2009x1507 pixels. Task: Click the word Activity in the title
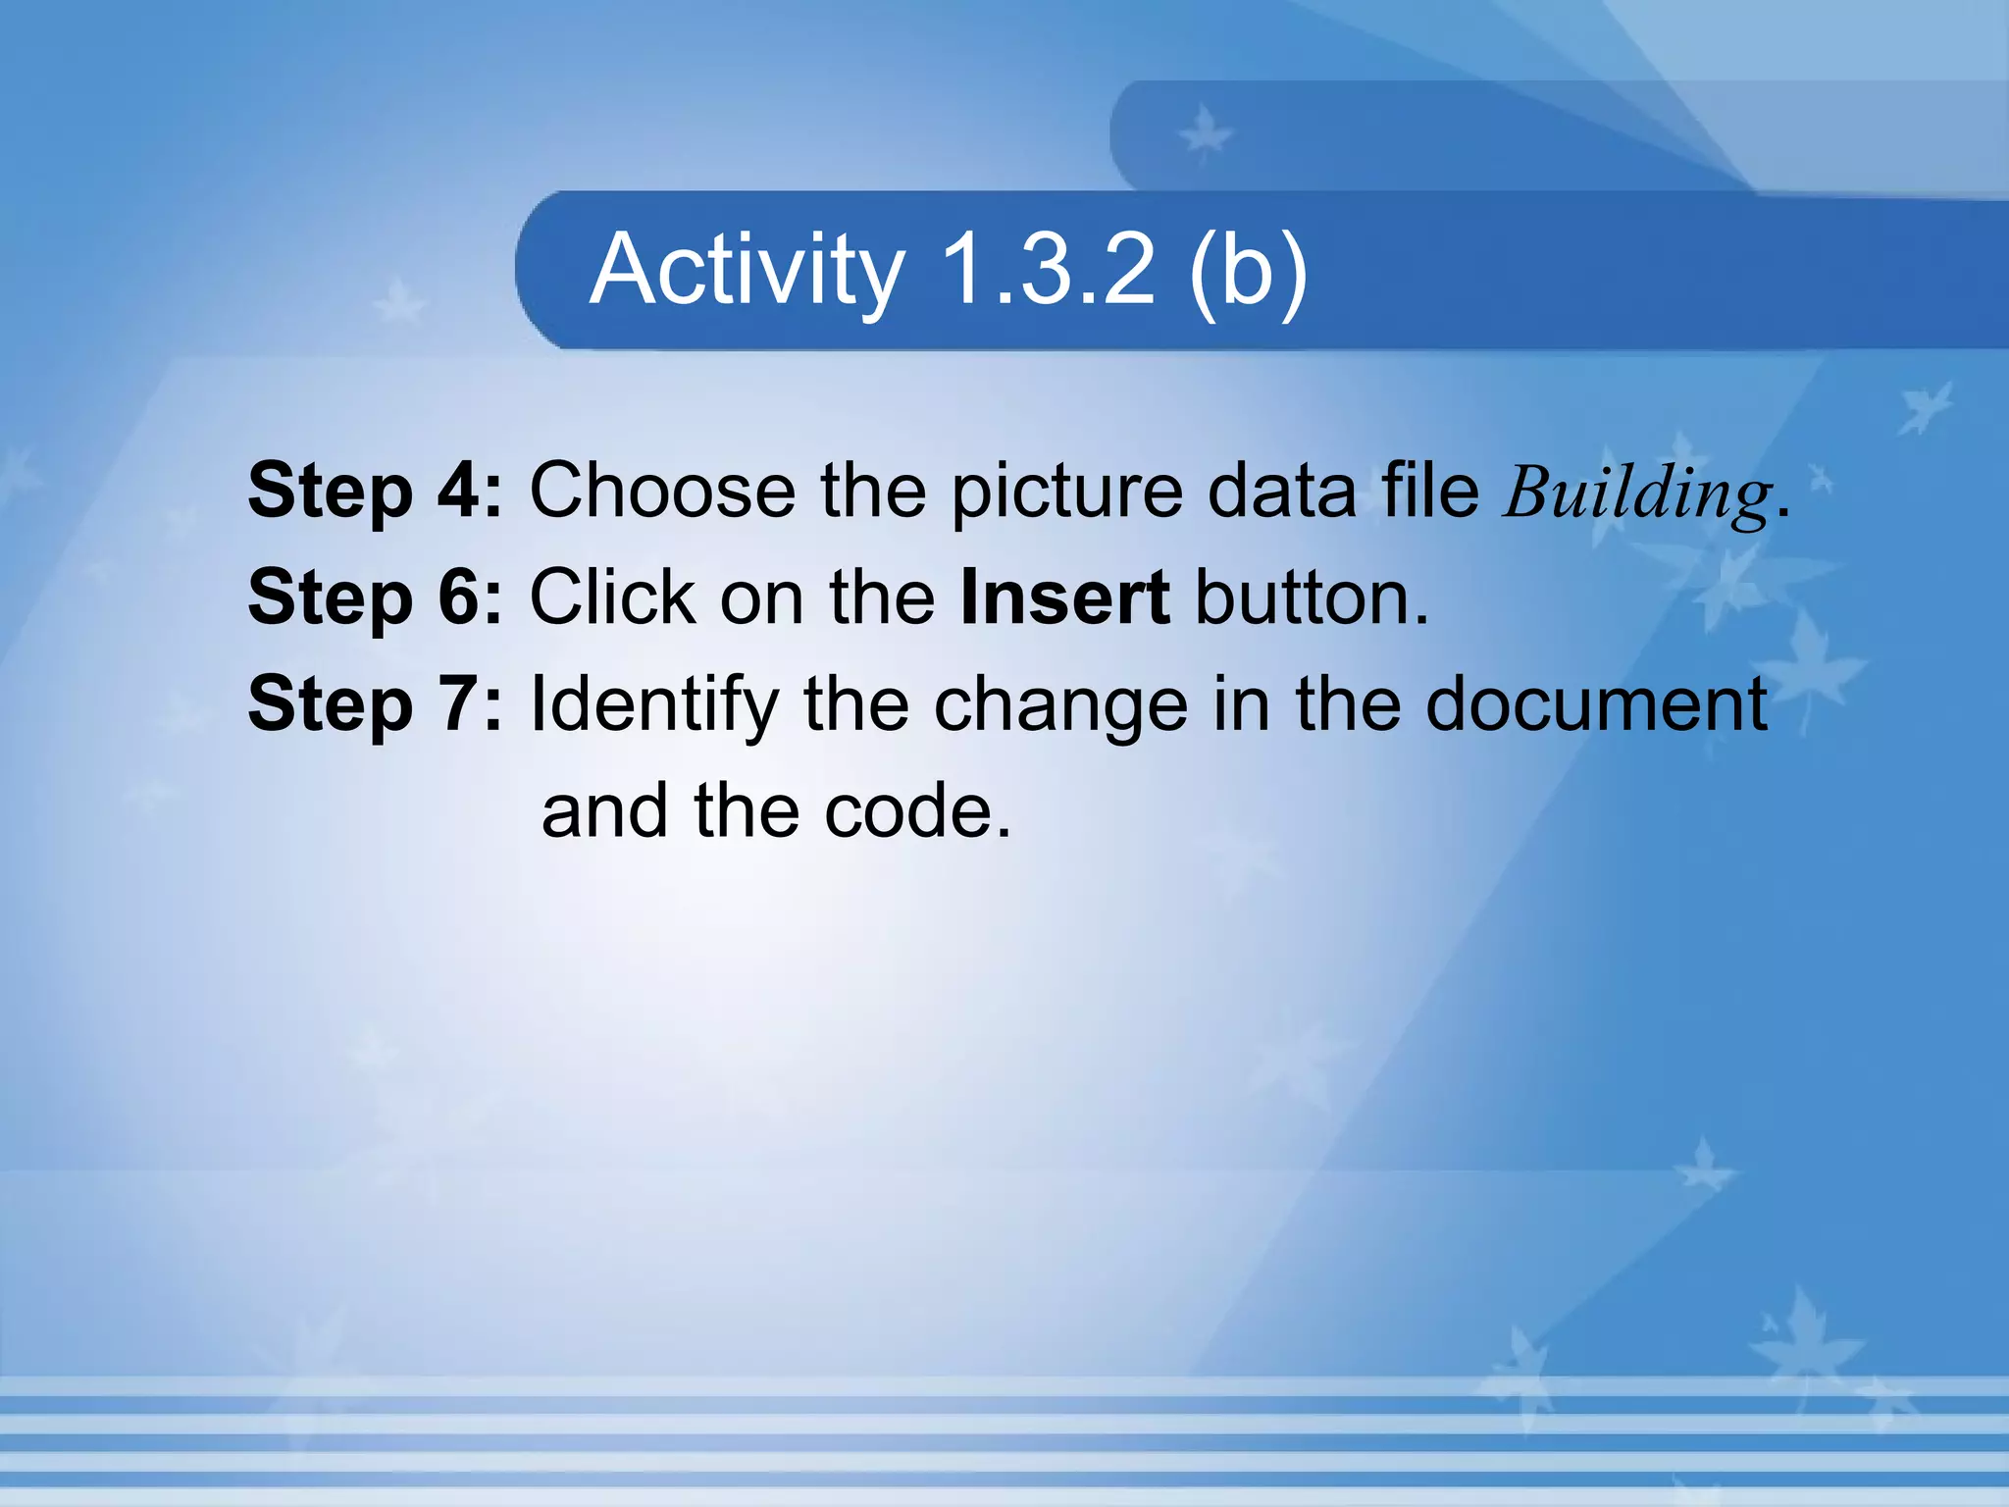tap(747, 270)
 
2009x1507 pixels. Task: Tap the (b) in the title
tap(1248, 270)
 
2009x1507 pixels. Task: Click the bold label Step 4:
tap(375, 490)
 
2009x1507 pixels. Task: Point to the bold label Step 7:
tap(375, 703)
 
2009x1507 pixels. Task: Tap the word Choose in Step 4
tap(662, 490)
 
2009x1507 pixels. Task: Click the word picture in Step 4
tap(1066, 492)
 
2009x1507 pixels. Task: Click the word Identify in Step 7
tap(654, 705)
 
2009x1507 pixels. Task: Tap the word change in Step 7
tap(1060, 705)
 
